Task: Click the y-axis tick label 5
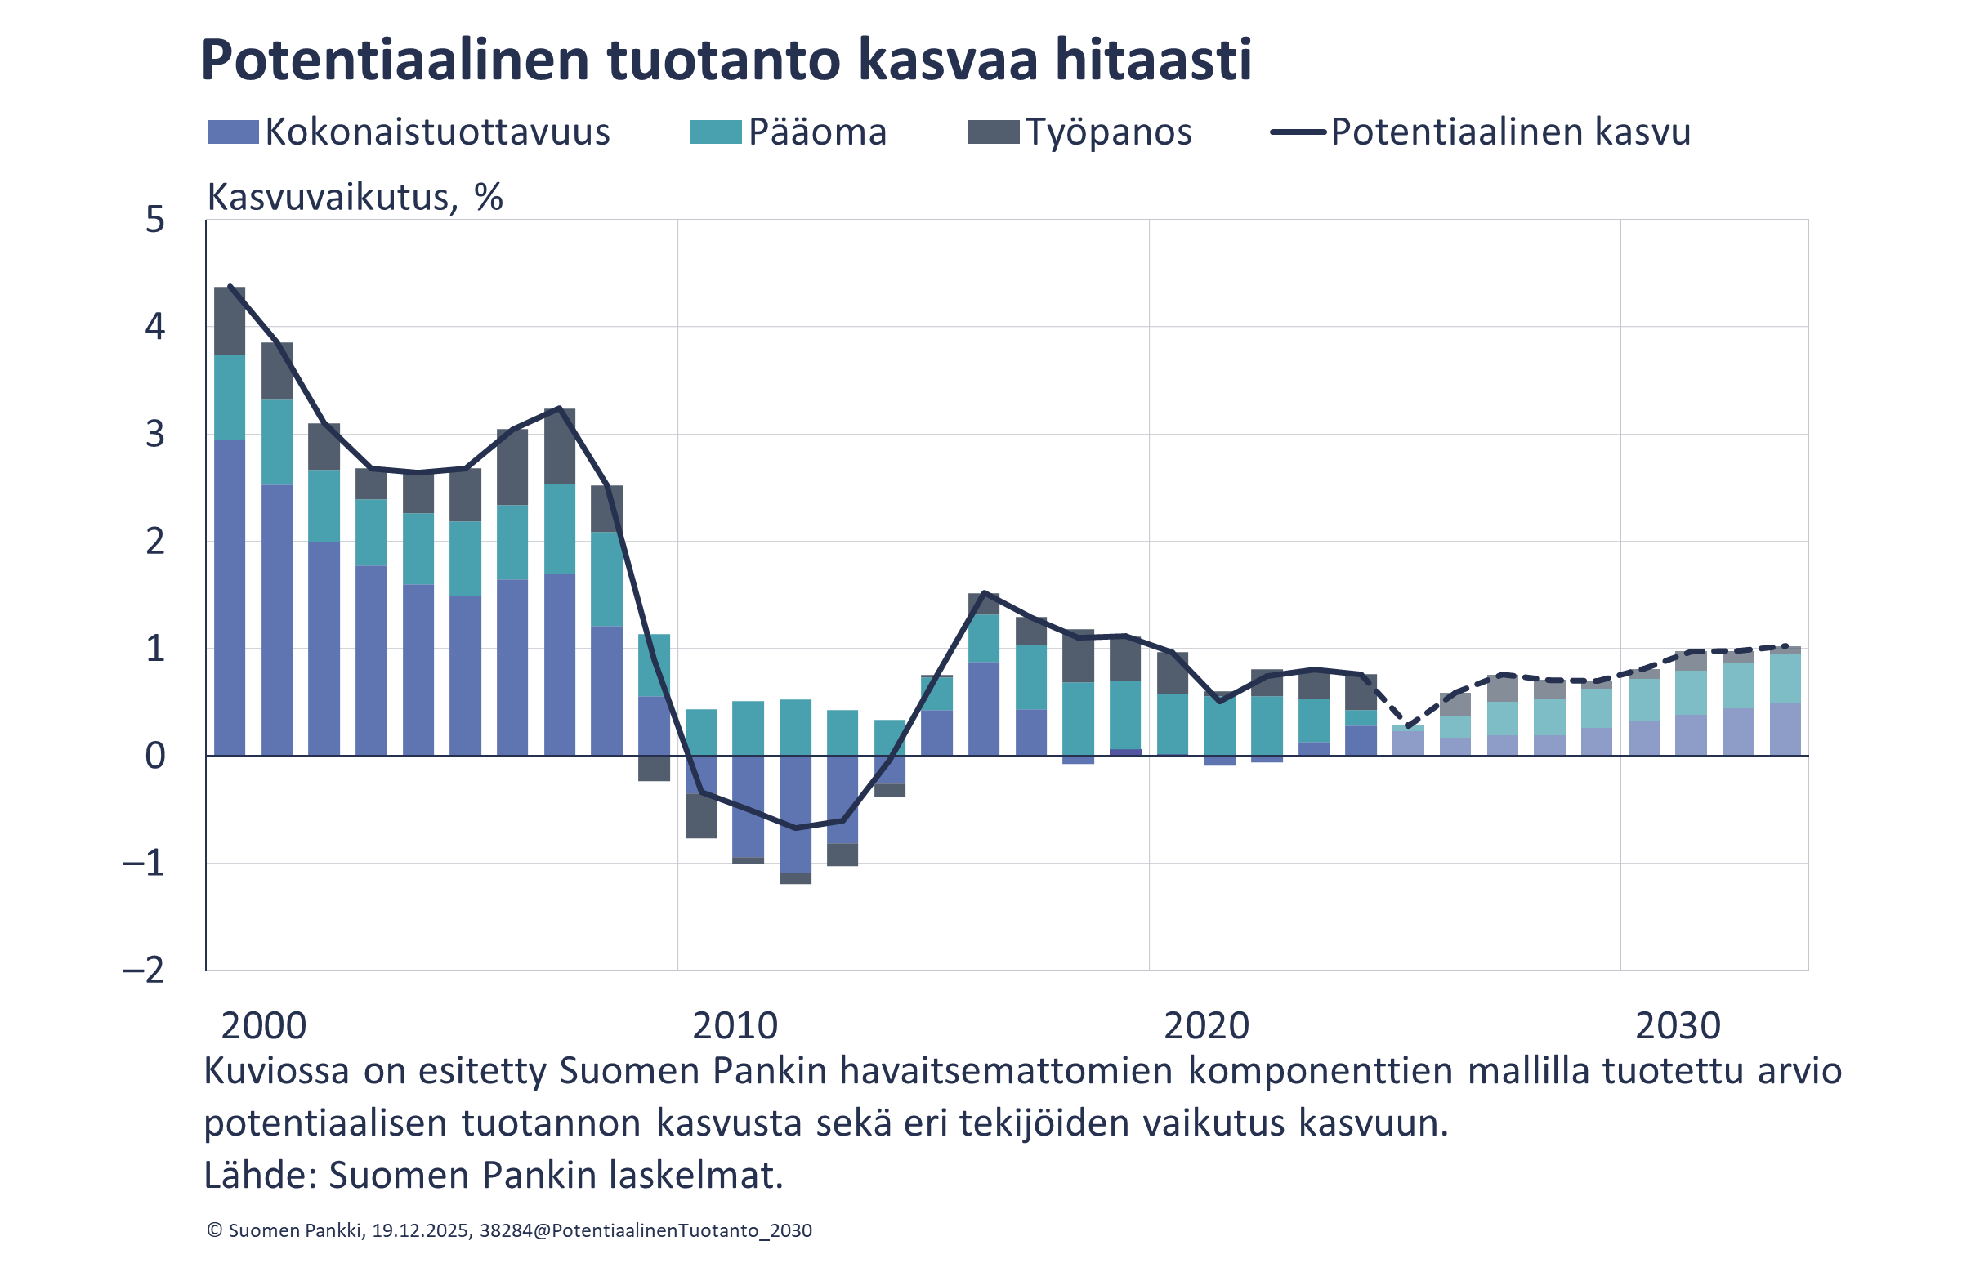(155, 220)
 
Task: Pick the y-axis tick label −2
(145, 971)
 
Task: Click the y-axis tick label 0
(155, 756)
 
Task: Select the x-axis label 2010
(735, 1026)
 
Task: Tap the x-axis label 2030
(1678, 1026)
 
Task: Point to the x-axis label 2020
(1206, 1026)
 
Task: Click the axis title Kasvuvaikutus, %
(355, 197)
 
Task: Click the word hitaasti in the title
(1153, 60)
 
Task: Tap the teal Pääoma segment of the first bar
(230, 397)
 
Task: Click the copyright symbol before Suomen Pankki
(214, 1230)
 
